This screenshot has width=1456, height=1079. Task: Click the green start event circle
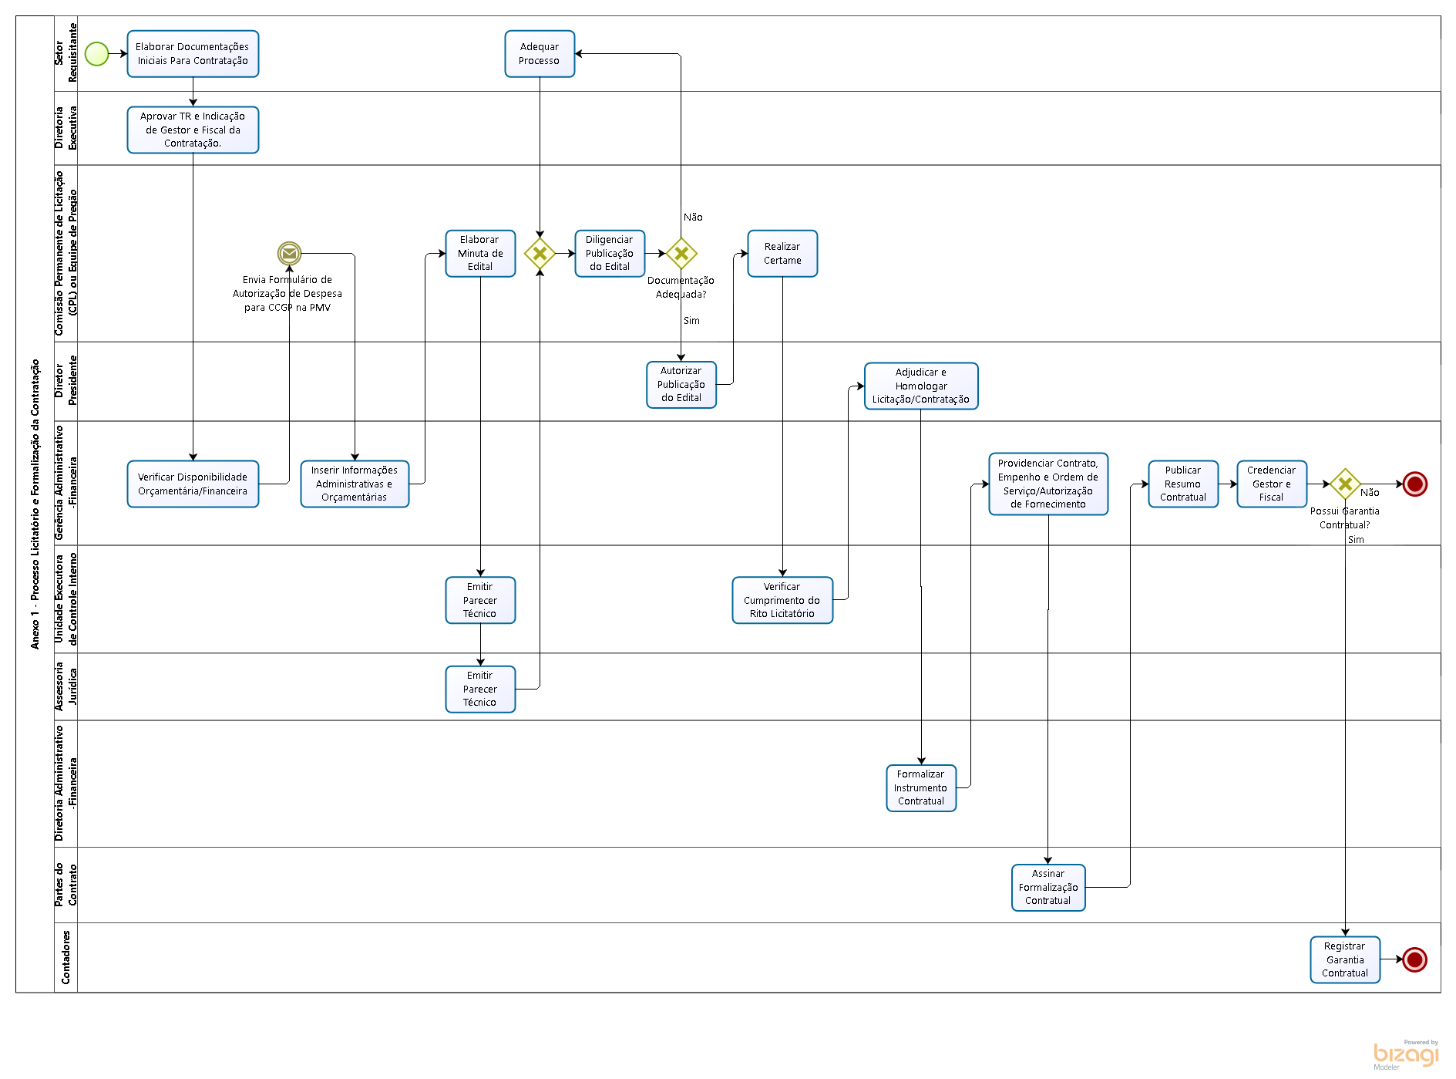click(96, 54)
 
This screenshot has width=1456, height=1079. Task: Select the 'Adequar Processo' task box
click(540, 54)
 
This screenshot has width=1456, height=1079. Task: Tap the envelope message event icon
click(289, 253)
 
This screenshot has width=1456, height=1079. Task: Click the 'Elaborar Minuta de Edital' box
click(480, 253)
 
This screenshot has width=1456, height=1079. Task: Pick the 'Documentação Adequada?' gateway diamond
click(681, 253)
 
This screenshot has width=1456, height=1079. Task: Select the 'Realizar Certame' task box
click(782, 253)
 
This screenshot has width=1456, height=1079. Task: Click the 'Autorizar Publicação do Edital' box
click(681, 384)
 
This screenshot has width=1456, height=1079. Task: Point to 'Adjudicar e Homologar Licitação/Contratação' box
click(921, 386)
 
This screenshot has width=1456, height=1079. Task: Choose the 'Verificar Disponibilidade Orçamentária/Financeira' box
click(193, 484)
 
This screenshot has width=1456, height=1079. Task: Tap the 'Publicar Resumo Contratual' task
click(1183, 484)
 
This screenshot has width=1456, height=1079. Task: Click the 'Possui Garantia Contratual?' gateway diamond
click(1345, 484)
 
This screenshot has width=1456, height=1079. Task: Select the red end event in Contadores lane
click(1414, 959)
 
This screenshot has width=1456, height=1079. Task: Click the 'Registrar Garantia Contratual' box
click(1345, 959)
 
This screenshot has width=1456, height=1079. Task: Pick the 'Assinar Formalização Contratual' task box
click(1048, 887)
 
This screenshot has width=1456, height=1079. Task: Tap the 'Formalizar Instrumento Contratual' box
click(921, 787)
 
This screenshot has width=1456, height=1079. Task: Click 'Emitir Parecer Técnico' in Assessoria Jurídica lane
click(480, 689)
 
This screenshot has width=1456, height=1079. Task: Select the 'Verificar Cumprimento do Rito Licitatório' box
click(782, 600)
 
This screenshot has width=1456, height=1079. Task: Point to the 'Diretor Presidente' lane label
click(66, 381)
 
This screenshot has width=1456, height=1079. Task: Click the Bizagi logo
click(1406, 1054)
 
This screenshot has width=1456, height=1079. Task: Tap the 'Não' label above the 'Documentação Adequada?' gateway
click(693, 217)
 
